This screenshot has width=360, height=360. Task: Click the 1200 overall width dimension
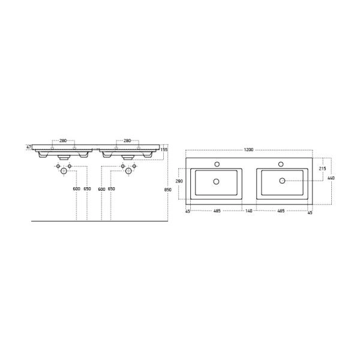click(x=248, y=149)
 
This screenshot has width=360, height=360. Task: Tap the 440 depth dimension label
click(x=331, y=178)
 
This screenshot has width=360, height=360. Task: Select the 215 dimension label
click(x=323, y=169)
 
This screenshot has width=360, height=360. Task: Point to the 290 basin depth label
click(x=179, y=181)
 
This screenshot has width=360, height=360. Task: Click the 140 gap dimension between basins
click(x=249, y=211)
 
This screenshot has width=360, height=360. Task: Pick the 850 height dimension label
click(x=168, y=190)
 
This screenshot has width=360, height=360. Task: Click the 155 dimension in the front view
click(x=164, y=149)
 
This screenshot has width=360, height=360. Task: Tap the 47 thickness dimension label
click(x=29, y=147)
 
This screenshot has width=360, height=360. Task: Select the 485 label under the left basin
click(x=217, y=211)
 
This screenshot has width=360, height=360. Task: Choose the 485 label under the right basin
click(x=281, y=211)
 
